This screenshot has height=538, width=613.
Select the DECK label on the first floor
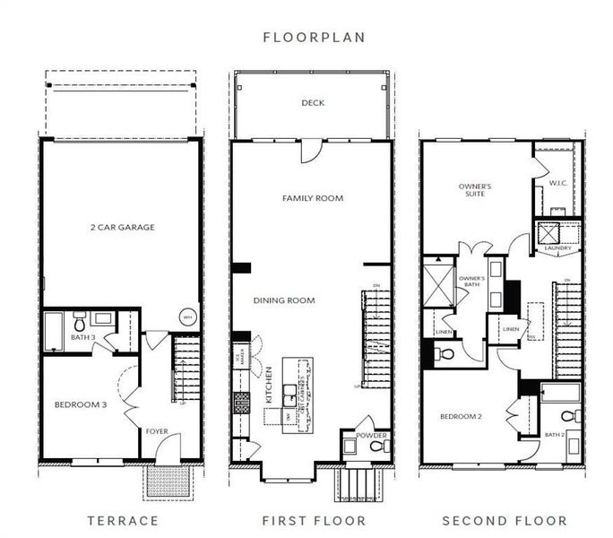[x=313, y=103]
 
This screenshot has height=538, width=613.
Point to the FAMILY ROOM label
[x=313, y=198]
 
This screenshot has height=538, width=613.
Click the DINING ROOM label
[x=283, y=300]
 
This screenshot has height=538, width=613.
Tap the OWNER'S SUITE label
[x=475, y=191]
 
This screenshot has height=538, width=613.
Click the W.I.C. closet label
[x=557, y=184]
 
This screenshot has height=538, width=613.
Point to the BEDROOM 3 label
[x=81, y=404]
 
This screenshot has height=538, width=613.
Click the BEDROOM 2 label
[x=462, y=416]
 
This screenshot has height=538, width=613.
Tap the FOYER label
[x=157, y=431]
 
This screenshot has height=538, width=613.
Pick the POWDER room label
[x=372, y=436]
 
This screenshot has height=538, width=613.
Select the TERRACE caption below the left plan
[x=123, y=520]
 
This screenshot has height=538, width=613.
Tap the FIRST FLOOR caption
[x=314, y=520]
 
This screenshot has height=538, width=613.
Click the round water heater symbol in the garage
[x=188, y=317]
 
